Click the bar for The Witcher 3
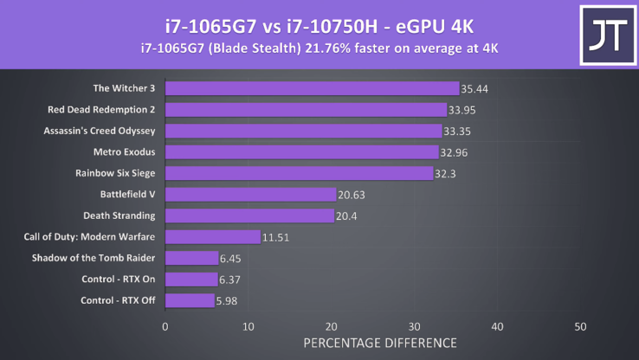312,88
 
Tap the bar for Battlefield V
250,195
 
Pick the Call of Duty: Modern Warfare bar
212,237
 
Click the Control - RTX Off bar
189,300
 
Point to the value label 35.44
474,88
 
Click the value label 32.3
446,173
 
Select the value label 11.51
276,237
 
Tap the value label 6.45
233,258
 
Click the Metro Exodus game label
124,152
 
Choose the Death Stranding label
119,215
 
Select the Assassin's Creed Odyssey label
100,132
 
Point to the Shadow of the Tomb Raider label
94,258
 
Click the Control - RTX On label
115,279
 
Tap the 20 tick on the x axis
331,327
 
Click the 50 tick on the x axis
580,327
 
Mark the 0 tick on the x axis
165,327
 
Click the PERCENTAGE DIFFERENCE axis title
379,344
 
